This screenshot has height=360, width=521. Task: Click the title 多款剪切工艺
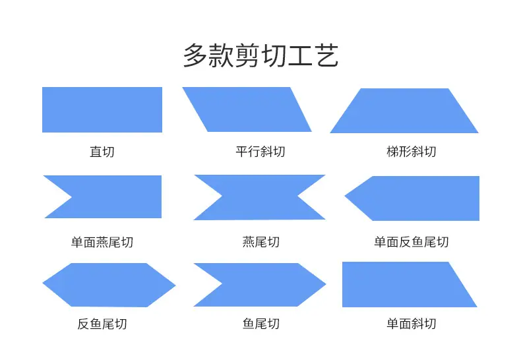(x=261, y=55)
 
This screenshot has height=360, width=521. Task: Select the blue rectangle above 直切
(x=102, y=109)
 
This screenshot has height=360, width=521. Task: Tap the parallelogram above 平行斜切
(x=247, y=109)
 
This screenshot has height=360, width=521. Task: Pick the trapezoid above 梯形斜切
(x=404, y=111)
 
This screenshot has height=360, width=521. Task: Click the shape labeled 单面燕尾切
(x=109, y=196)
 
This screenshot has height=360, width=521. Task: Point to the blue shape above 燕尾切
(x=259, y=197)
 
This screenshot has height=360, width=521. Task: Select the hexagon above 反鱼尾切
(x=109, y=285)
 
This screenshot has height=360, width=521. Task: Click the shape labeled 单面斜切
(x=406, y=284)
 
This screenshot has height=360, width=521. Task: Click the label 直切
(x=102, y=152)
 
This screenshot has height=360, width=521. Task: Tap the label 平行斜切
(x=260, y=152)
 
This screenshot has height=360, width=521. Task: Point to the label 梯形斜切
(x=412, y=152)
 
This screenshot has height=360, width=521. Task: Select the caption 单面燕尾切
(x=102, y=242)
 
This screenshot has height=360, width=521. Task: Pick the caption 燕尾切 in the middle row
(x=261, y=242)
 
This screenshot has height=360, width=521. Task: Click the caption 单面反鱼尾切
(x=412, y=242)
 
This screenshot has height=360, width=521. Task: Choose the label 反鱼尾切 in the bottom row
(x=102, y=324)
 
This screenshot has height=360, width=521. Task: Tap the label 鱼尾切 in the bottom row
(x=261, y=324)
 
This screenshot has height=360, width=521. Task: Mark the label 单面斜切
(x=412, y=324)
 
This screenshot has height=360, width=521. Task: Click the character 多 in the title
(x=195, y=55)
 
